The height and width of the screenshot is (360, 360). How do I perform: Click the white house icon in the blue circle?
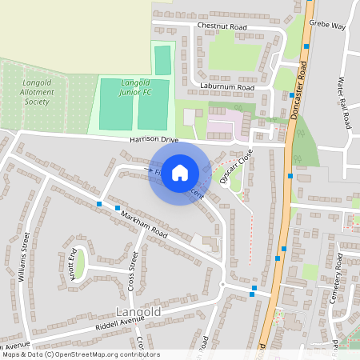180,172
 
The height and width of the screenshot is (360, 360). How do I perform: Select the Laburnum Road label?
228,87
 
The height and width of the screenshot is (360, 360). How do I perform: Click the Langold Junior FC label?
135,88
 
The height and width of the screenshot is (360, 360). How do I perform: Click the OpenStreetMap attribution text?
81,354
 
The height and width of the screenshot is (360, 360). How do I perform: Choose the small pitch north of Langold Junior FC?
162,61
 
